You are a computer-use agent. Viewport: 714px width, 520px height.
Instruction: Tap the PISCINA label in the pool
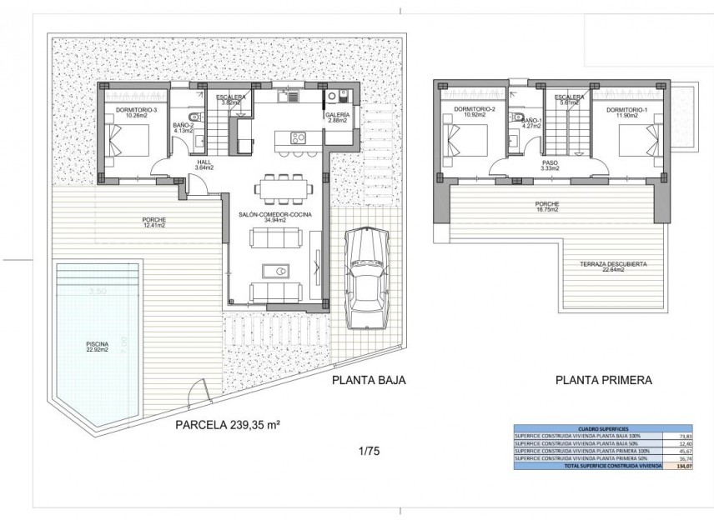[97, 346]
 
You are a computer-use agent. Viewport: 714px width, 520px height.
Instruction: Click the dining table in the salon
[282, 188]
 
